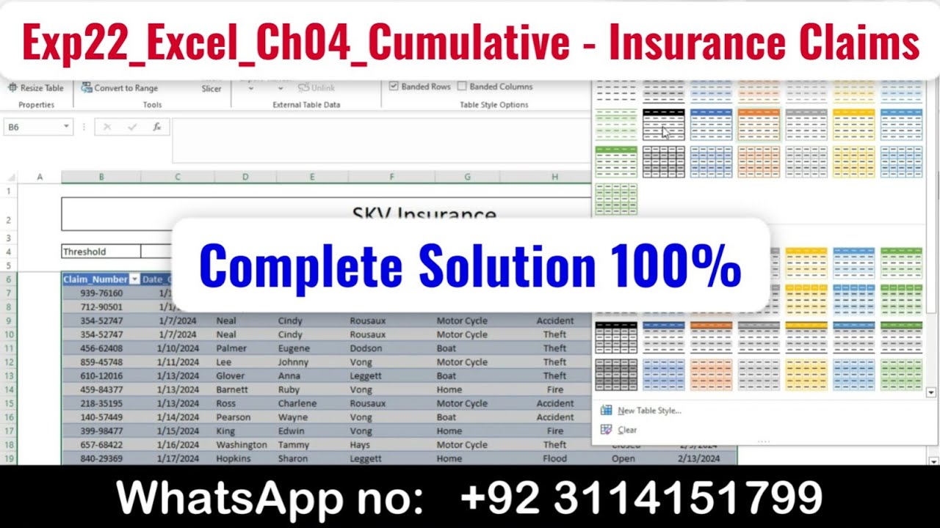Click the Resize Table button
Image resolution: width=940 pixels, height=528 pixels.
[36, 88]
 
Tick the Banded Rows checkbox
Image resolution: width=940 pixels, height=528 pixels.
[394, 87]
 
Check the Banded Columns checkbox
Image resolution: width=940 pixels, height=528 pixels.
[462, 87]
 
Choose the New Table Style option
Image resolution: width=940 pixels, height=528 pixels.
[648, 411]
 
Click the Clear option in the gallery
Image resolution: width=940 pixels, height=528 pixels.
[626, 430]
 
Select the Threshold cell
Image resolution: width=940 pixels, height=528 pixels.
[101, 252]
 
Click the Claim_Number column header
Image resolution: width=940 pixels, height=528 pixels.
[95, 279]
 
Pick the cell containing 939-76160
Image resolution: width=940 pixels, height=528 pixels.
[101, 293]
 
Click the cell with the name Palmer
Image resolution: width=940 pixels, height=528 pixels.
[231, 348]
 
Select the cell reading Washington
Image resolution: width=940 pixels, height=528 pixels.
[241, 444]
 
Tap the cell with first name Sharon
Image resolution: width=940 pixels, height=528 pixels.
[293, 458]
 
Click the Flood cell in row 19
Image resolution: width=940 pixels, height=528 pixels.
[554, 458]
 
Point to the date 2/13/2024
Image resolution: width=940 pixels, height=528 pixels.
[698, 458]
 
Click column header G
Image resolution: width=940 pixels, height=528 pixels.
[467, 177]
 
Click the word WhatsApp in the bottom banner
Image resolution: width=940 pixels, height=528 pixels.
[230, 498]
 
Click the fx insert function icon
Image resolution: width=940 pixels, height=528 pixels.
[156, 127]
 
